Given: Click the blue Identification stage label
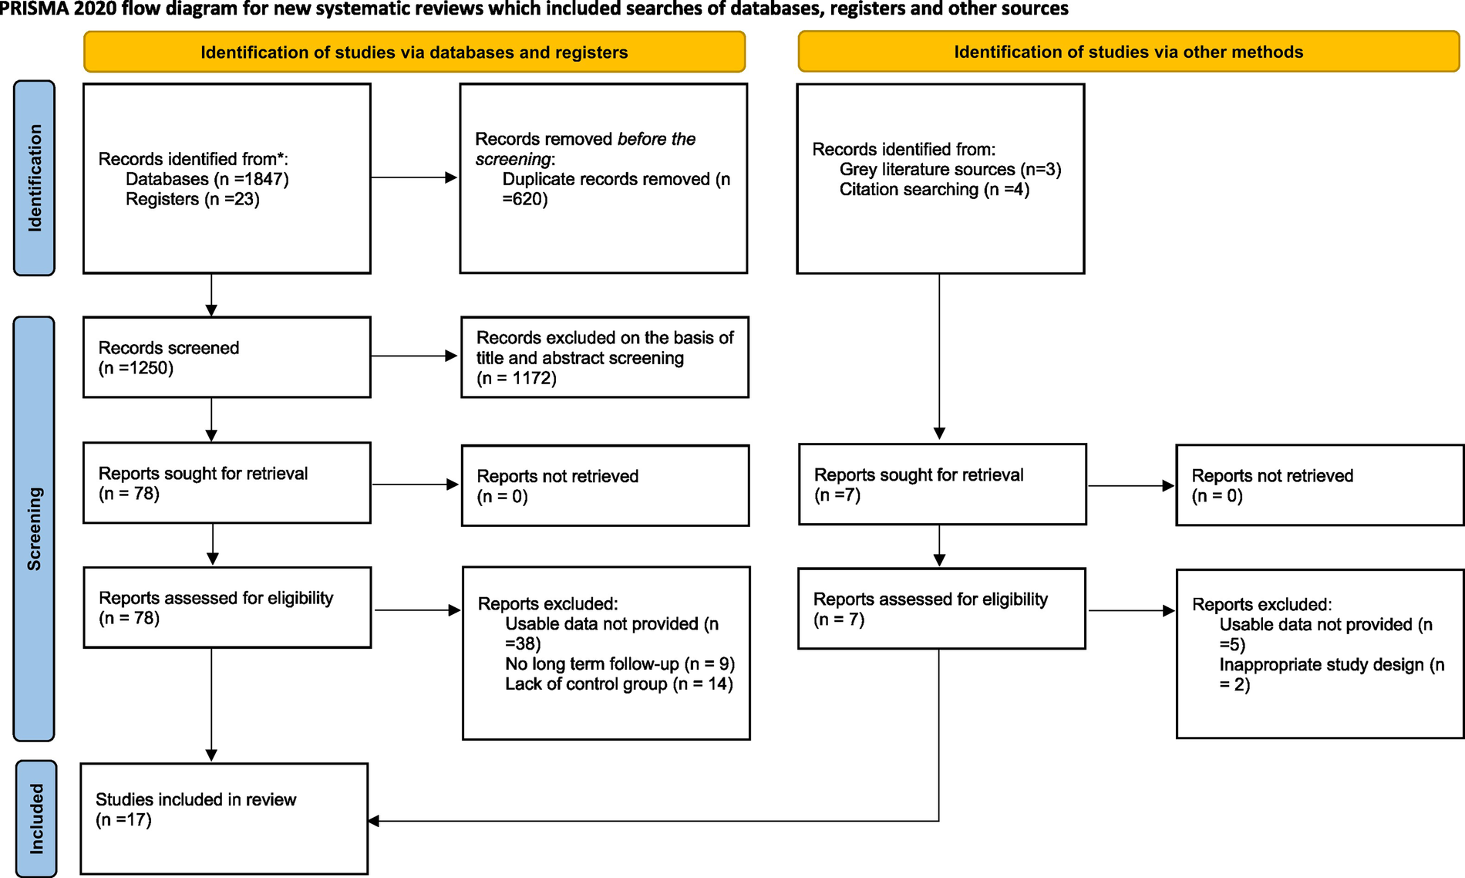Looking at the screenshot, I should pos(35,178).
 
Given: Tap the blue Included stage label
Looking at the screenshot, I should pos(36,819).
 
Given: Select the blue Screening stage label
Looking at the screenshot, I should pos(34,528).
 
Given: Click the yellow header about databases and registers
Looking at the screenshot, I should pos(414,52).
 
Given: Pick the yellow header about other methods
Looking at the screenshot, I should pos(1128,52).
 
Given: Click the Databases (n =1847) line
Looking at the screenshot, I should pos(207,179).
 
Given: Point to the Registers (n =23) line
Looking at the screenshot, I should pos(192,199).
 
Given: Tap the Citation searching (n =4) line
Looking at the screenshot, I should pos(934,190).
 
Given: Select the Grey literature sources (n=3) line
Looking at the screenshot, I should pos(950,170).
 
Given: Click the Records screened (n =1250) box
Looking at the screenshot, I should pos(227,357).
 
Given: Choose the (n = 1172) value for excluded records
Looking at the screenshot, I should pos(516,378).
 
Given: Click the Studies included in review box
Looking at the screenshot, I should pos(224,819).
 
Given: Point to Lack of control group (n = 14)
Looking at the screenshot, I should pos(618,684).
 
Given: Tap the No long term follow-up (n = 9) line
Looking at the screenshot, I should pos(619,664).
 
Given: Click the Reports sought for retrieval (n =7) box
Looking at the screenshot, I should pos(941,485).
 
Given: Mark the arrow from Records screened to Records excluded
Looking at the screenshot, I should pos(413,356).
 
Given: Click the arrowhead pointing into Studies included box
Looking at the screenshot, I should pos(374,821).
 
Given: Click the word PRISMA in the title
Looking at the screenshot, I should pos(33,9).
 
